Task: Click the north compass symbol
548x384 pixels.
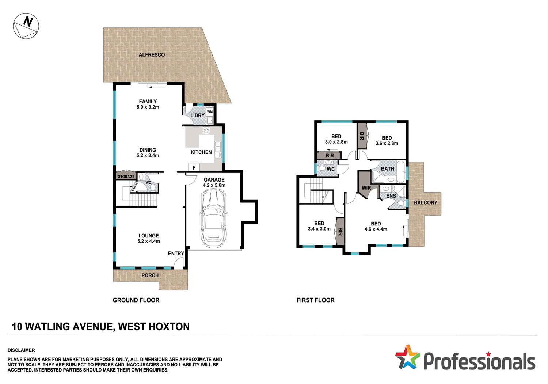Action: click(x=26, y=26)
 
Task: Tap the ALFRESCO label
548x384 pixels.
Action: click(x=152, y=55)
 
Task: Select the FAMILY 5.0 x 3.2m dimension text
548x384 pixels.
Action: click(x=148, y=107)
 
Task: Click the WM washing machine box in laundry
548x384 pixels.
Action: click(x=210, y=112)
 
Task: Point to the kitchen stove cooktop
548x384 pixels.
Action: click(x=206, y=130)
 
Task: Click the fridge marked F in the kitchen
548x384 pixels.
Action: click(x=194, y=168)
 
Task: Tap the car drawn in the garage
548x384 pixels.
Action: click(x=213, y=218)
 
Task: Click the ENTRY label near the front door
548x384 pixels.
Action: click(x=176, y=254)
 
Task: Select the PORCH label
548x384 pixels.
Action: click(x=150, y=275)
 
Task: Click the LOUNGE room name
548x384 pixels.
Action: click(x=149, y=236)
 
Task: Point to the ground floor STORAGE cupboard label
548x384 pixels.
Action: click(x=126, y=176)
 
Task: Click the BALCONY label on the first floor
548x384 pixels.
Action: click(x=425, y=202)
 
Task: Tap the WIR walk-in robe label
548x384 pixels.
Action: click(x=366, y=188)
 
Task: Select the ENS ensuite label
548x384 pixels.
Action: click(x=391, y=196)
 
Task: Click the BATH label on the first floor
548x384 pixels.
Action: click(x=387, y=169)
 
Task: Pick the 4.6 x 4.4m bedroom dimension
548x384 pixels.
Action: click(x=376, y=229)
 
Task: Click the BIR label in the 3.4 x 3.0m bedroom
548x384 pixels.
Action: click(x=340, y=232)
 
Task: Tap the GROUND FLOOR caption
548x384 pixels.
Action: click(x=136, y=300)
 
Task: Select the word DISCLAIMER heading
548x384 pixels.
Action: click(x=21, y=350)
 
